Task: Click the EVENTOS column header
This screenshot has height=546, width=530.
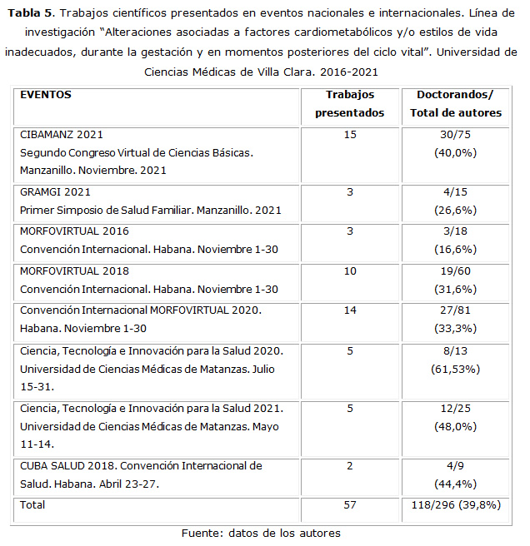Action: [x=46, y=95]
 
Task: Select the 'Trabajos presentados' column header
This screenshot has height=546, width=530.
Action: [x=350, y=103]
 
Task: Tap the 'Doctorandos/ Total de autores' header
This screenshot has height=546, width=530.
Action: [x=454, y=103]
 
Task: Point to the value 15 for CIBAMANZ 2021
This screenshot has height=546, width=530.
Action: [x=350, y=134]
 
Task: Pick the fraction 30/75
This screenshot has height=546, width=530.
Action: [x=454, y=134]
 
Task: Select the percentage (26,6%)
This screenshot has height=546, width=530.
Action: [x=454, y=210]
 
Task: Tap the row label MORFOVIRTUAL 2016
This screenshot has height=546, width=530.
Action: [x=74, y=231]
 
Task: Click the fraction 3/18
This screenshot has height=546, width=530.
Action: [x=454, y=231]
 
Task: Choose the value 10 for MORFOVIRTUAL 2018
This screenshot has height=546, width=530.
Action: [x=350, y=271]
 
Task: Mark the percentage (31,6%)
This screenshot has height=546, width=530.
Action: [x=454, y=289]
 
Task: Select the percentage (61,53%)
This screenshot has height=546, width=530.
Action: [x=454, y=368]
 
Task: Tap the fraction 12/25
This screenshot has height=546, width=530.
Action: [x=454, y=408]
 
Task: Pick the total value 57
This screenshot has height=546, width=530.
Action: [x=350, y=505]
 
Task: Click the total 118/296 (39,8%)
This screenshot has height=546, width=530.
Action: [x=456, y=505]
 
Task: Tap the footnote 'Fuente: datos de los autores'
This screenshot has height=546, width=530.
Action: [x=261, y=533]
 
